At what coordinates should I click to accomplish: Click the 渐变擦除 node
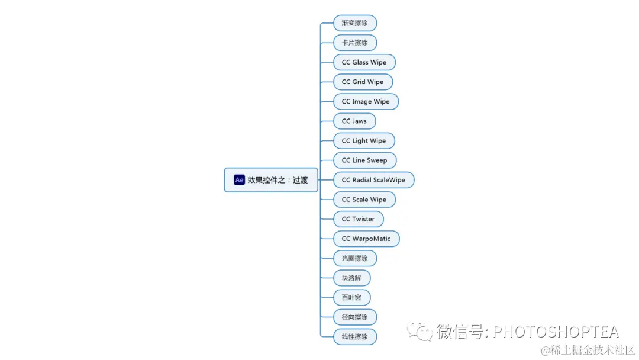[355, 23]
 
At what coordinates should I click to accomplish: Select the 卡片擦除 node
[355, 43]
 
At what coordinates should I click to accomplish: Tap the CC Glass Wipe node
[364, 62]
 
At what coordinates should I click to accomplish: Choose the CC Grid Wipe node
[363, 82]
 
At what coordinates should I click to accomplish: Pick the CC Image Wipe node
[366, 101]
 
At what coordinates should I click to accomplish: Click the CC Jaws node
[354, 121]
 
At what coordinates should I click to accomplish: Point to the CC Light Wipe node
[364, 140]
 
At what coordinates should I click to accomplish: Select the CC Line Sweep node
[364, 160]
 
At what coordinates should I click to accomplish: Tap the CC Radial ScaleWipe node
[373, 179]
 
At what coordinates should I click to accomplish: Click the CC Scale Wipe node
[364, 200]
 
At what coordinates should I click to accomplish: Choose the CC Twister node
[358, 219]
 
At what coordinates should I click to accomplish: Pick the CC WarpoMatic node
[366, 239]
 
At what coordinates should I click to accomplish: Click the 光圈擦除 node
[355, 258]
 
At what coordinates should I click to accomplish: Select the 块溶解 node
[351, 278]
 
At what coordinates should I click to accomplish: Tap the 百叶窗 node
[351, 297]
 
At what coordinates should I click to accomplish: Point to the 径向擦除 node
[355, 317]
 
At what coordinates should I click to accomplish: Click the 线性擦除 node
[355, 336]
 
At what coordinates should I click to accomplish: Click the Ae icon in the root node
[240, 180]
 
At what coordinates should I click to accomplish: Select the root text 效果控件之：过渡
[278, 180]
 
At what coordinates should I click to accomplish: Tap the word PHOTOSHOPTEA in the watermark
[556, 332]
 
